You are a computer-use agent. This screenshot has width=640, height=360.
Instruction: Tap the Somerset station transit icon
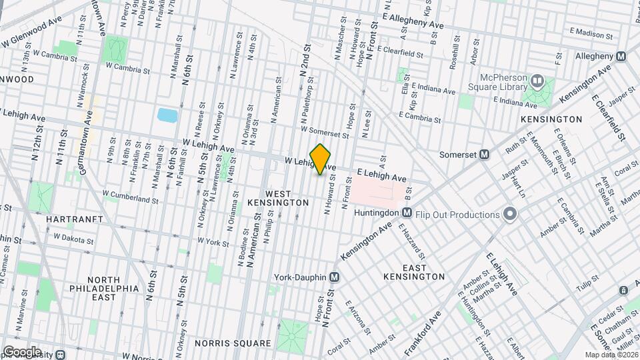[x=485, y=154]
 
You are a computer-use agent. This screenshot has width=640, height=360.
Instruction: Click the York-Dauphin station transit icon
[x=335, y=277]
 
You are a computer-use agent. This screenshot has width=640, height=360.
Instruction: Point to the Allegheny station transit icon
[x=621, y=57]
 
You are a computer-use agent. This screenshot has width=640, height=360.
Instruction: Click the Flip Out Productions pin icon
[x=510, y=215]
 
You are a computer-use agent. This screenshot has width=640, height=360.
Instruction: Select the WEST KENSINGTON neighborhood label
[x=278, y=197]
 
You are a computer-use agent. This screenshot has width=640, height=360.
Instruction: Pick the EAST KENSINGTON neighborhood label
[x=414, y=272]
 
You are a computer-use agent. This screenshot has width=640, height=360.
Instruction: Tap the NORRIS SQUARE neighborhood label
[x=233, y=343]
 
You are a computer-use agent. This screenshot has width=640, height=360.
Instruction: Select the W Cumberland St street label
[x=130, y=198]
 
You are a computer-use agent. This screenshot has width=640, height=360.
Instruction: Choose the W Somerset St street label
[x=325, y=133]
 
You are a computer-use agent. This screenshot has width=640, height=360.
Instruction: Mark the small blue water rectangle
[x=167, y=115]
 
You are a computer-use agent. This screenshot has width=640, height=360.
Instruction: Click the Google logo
[x=22, y=351]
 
